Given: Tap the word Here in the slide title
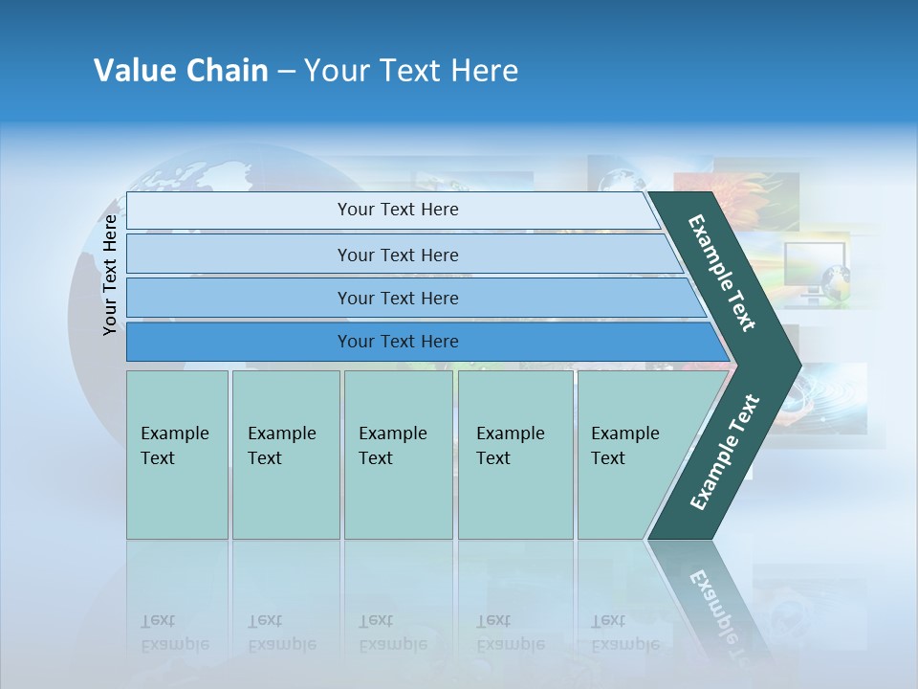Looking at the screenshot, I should point(483,71).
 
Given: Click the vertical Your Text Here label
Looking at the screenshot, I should point(110,274).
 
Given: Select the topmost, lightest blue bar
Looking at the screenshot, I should point(397,210).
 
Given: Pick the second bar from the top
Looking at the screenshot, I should point(397,255).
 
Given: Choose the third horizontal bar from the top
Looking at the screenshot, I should point(397,298).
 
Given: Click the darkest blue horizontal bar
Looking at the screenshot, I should point(397,342).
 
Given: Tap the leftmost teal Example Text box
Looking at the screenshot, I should point(177,455).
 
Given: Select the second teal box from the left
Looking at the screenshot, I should point(285,455).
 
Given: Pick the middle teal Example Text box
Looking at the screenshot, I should point(398,455).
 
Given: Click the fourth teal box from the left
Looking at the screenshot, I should point(514,455).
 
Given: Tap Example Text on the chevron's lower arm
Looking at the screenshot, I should point(725,452).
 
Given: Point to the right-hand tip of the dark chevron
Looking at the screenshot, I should point(798,364).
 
